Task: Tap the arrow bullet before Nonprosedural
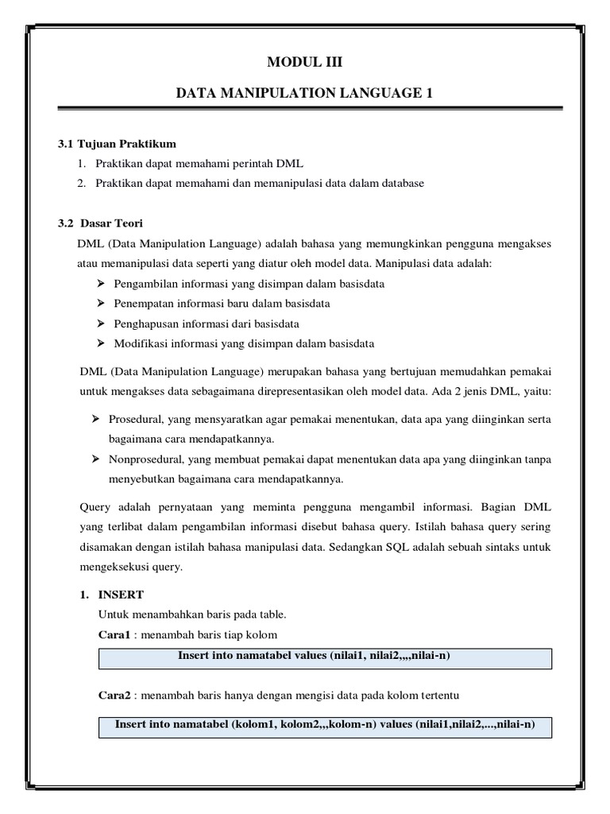[x=95, y=459]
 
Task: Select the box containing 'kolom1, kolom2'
[x=325, y=726]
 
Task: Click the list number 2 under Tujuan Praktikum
[x=81, y=183]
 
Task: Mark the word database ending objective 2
[x=401, y=183]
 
